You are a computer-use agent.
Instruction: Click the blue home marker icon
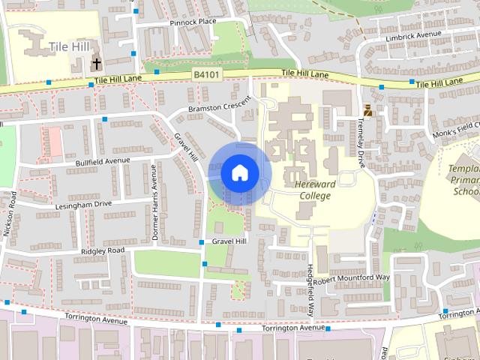239,173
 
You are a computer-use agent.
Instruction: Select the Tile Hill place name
69,47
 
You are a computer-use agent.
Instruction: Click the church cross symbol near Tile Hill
97,64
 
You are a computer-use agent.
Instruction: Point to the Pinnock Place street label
193,22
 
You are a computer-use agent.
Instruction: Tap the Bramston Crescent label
220,106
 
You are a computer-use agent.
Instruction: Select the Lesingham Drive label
82,203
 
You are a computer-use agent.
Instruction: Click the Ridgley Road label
103,250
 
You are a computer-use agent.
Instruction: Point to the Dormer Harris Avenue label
155,202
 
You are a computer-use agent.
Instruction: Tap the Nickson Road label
10,214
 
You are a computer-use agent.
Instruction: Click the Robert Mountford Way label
352,278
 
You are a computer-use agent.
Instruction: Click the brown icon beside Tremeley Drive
367,111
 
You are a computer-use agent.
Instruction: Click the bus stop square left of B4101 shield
156,73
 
